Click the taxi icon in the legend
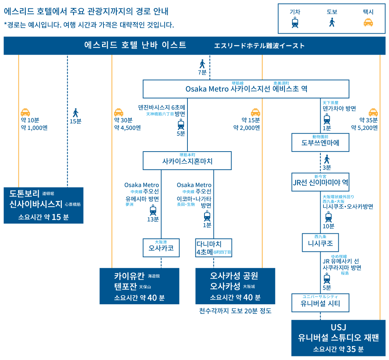[368, 23]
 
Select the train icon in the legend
[295, 23]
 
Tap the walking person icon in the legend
[332, 23]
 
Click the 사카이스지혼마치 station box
[187, 161]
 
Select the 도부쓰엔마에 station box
[320, 143]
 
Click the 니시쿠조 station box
[320, 242]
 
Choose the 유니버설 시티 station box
[320, 303]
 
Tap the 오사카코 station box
[161, 248]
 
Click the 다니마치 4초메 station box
[213, 248]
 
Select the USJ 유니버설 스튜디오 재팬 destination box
[338, 338]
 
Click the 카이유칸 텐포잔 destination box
[139, 286]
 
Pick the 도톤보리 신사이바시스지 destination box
[43, 205]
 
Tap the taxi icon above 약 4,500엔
[119, 112]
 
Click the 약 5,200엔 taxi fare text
[364, 127]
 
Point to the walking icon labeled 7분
[202, 64]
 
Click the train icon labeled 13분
[153, 210]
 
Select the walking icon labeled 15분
[76, 113]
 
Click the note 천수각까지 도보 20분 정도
[235, 311]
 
